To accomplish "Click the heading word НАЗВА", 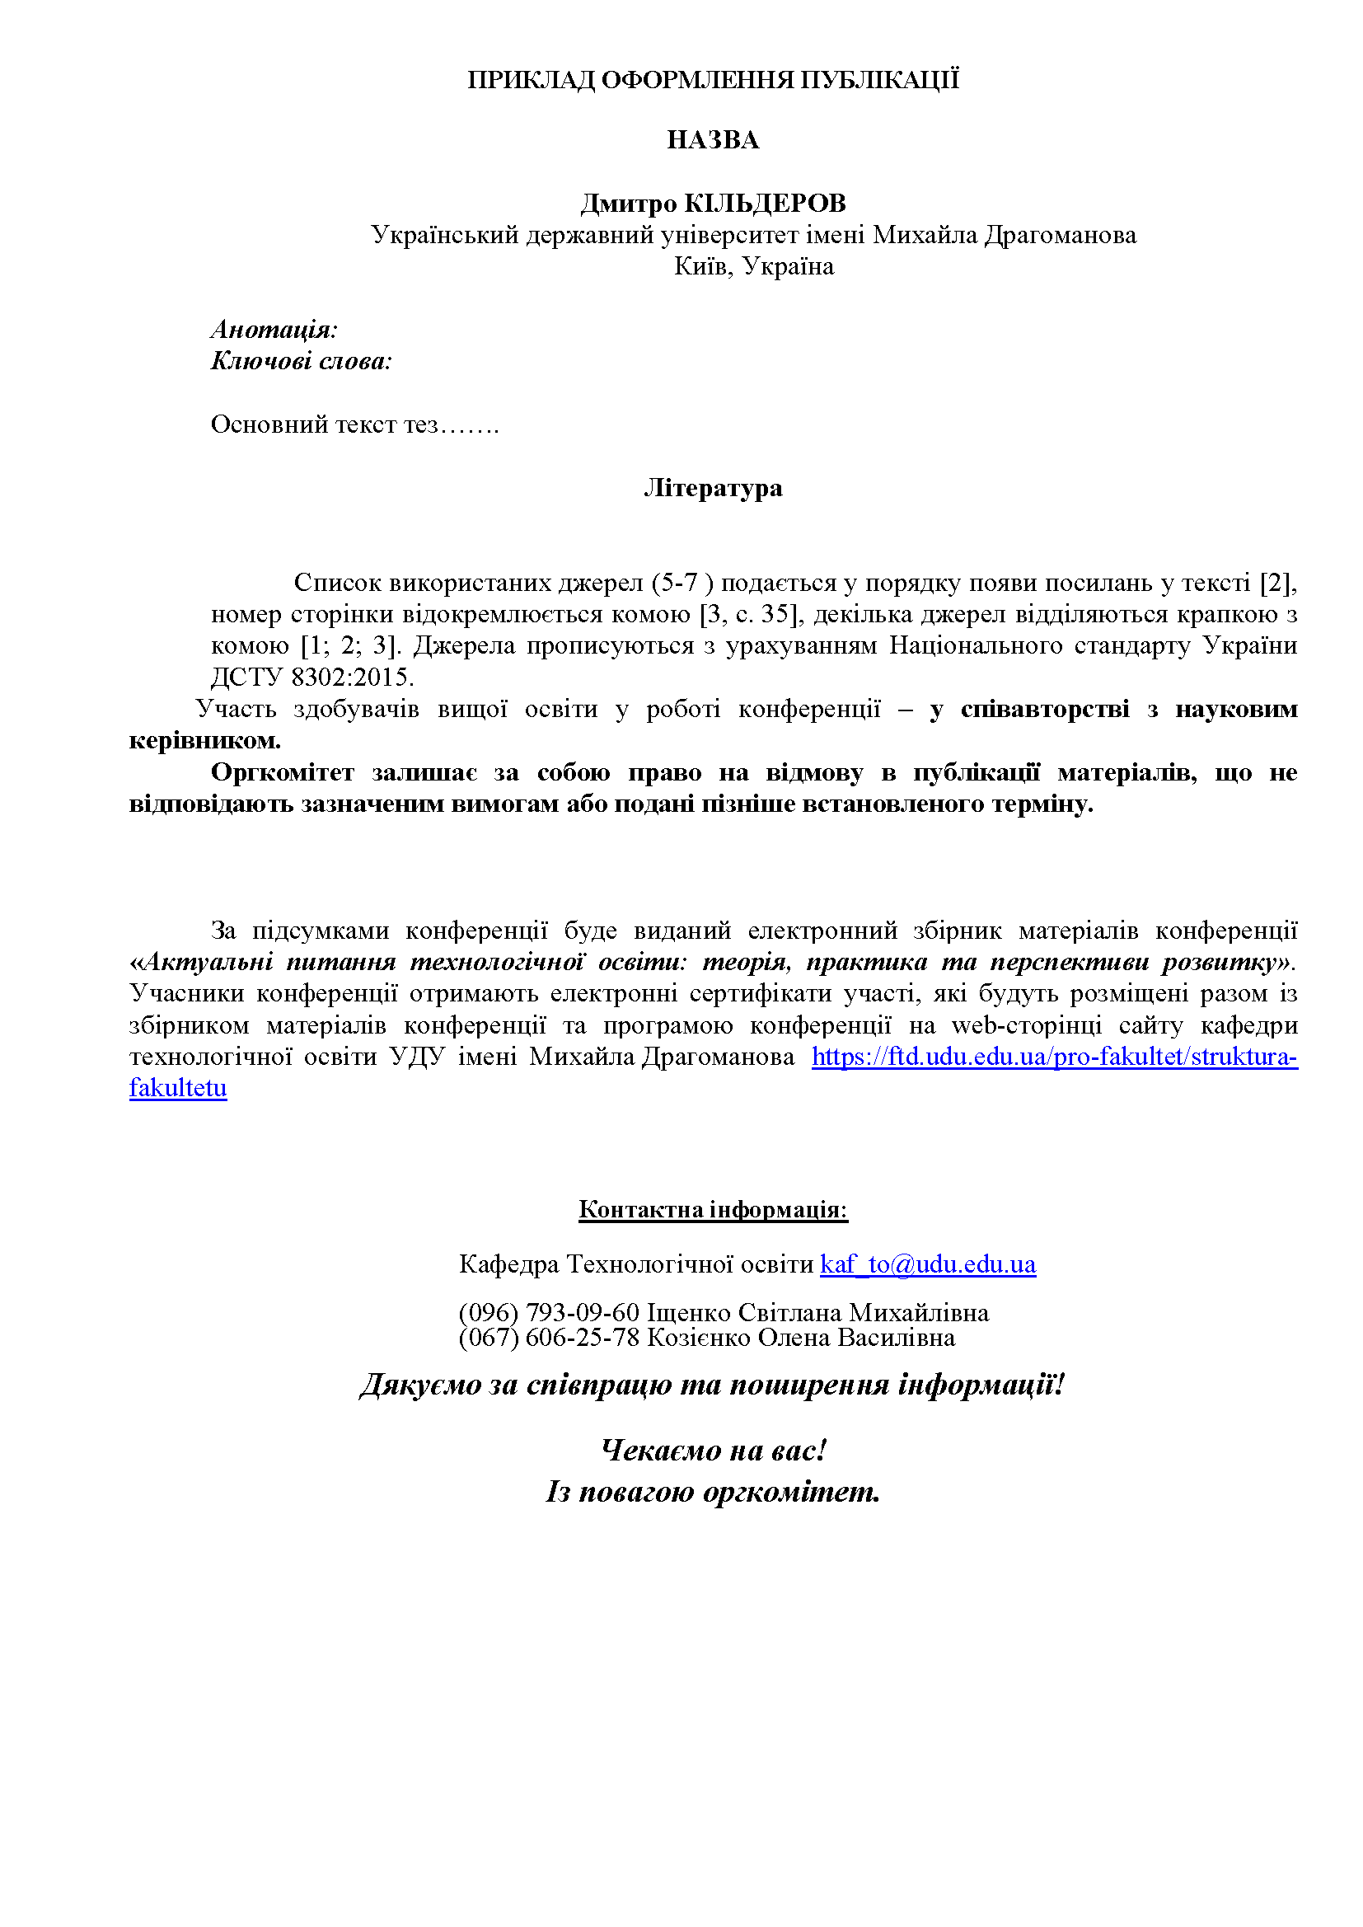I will [713, 140].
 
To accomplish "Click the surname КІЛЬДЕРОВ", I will [765, 203].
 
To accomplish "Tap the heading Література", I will [713, 488].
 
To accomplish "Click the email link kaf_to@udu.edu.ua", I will [927, 1264].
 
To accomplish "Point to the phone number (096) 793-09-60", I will [549, 1312].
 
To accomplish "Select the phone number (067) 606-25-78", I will [549, 1337].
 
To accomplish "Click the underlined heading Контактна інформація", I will [713, 1209].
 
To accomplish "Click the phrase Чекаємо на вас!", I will [714, 1451].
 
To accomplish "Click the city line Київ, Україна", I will [754, 267].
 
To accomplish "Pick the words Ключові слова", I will [301, 361].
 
